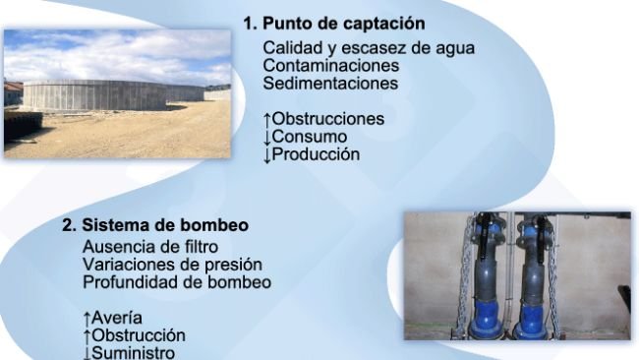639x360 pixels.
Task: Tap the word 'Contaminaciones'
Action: click(x=330, y=66)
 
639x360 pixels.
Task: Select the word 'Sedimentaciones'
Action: click(x=330, y=84)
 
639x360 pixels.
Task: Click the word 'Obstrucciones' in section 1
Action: click(x=328, y=119)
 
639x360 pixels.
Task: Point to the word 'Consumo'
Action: click(x=309, y=137)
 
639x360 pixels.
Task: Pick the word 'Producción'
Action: click(x=317, y=154)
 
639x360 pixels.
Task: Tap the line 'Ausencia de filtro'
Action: click(x=150, y=246)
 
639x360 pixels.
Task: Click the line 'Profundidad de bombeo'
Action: click(x=177, y=282)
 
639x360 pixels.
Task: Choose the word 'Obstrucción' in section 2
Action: click(x=139, y=335)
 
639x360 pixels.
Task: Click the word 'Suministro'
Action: click(x=134, y=352)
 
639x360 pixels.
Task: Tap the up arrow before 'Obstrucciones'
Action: click(x=267, y=119)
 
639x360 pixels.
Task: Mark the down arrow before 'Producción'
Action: click(x=267, y=154)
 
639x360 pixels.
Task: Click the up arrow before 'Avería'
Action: click(x=87, y=318)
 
